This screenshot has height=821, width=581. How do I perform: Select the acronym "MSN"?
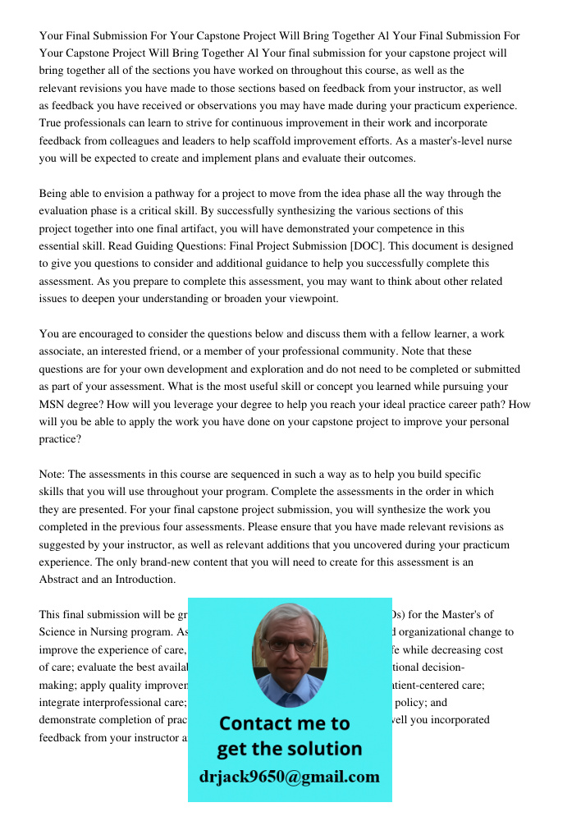click(x=53, y=404)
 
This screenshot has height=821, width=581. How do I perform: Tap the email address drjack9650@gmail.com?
click(x=290, y=777)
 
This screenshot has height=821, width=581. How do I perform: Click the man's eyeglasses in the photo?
click(x=289, y=645)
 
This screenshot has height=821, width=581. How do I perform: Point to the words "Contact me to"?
click(x=285, y=723)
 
